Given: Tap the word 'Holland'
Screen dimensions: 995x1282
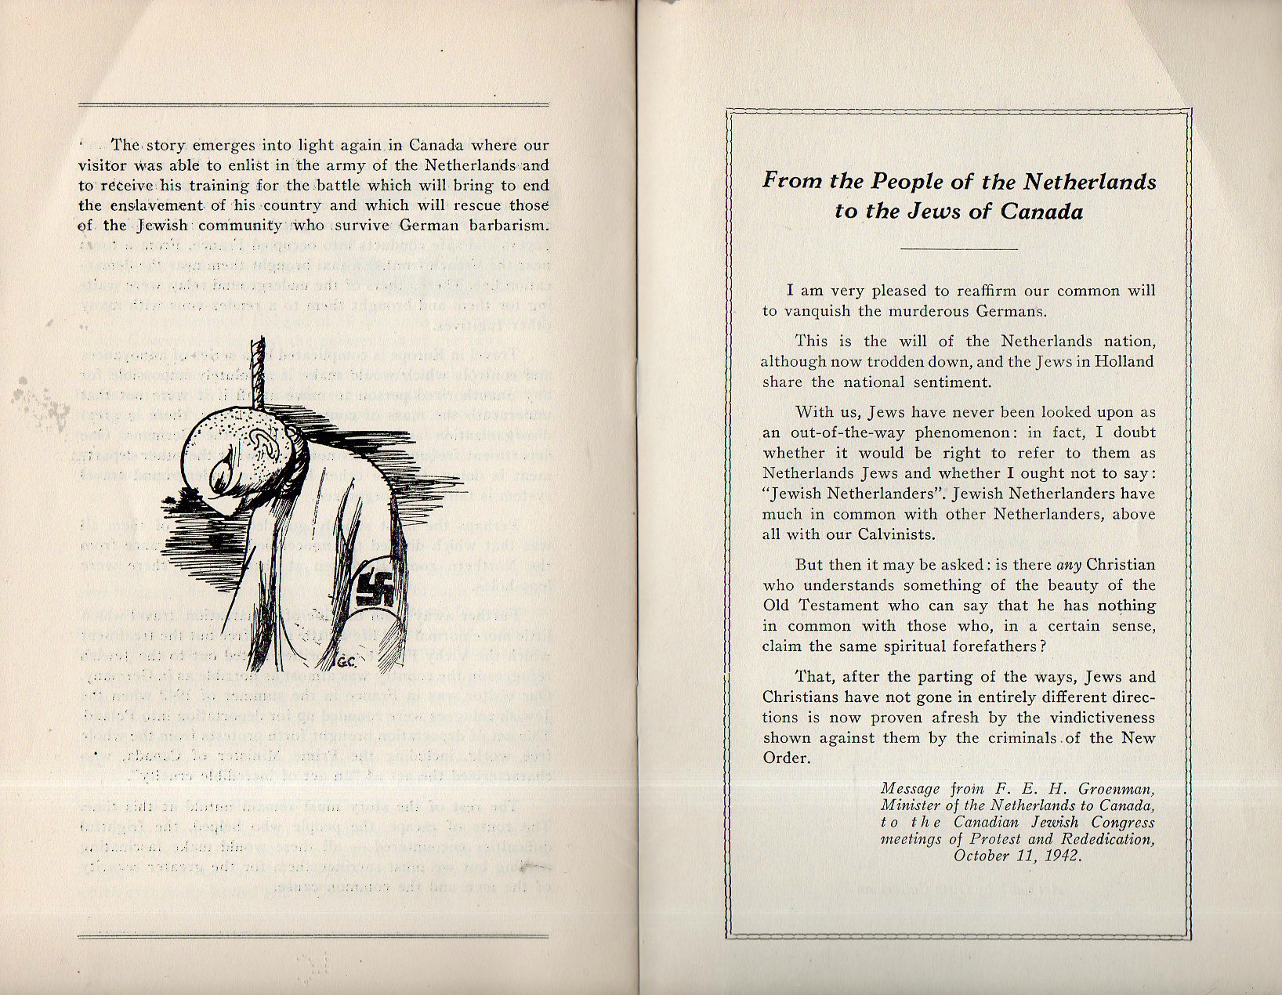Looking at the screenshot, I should coord(1123,362).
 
